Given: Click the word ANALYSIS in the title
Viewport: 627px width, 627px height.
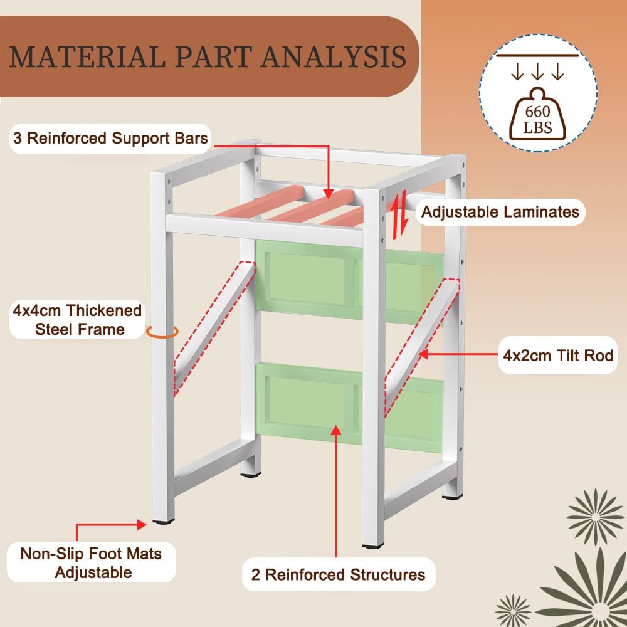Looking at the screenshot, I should (x=333, y=56).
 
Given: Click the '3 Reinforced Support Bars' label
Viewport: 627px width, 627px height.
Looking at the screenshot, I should (x=111, y=138).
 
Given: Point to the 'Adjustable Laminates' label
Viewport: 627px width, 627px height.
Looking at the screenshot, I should (x=500, y=212).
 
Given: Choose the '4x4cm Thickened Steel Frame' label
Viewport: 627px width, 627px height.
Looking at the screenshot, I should (x=77, y=320).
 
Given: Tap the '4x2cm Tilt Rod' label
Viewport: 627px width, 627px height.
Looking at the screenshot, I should (x=557, y=356).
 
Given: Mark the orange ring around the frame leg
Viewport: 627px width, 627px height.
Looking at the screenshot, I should (x=162, y=332).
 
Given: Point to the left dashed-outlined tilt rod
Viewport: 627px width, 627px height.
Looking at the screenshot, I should (x=213, y=330).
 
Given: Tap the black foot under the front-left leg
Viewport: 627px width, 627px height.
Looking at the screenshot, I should (x=162, y=520).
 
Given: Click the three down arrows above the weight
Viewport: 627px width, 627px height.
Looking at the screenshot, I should (x=537, y=73).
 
